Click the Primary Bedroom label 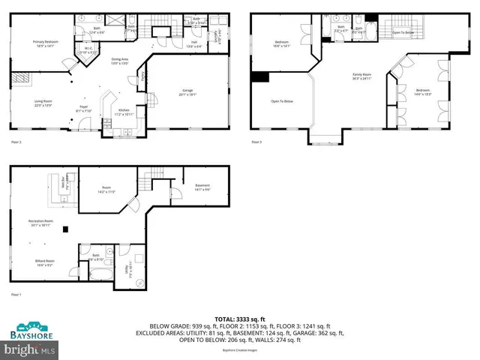[x=46, y=43]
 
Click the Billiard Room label [x=44, y=262]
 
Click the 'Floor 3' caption [x=256, y=142]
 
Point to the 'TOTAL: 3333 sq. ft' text [x=240, y=318]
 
